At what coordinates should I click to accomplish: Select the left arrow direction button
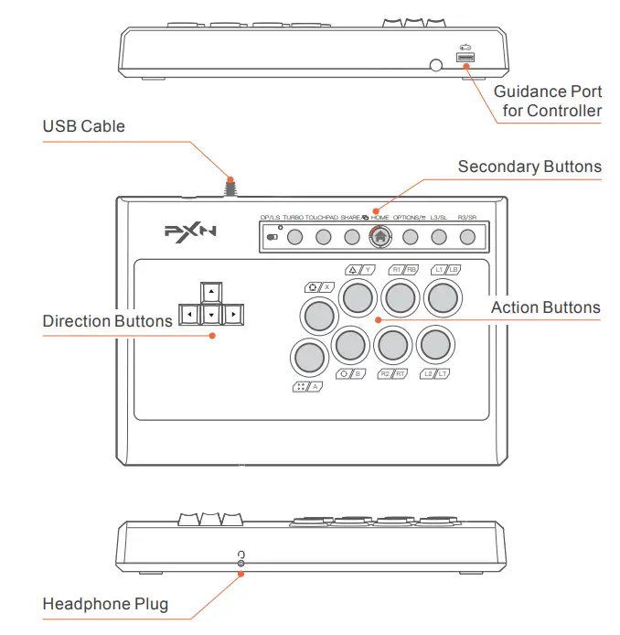(188, 315)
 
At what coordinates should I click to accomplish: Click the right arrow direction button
(233, 315)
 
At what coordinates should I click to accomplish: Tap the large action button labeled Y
(358, 296)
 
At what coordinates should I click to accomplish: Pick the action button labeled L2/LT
(434, 344)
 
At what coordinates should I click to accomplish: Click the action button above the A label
(308, 356)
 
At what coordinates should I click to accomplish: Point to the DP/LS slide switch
(273, 237)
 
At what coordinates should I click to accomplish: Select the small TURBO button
(294, 237)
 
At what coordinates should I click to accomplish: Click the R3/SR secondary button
(467, 237)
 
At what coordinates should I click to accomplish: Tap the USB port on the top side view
(465, 60)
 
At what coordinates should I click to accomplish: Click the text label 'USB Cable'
(84, 126)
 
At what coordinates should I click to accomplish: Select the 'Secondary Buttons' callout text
(529, 167)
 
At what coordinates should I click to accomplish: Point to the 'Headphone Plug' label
(105, 605)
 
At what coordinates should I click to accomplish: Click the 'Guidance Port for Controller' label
(547, 102)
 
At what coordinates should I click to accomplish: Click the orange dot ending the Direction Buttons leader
(213, 335)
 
